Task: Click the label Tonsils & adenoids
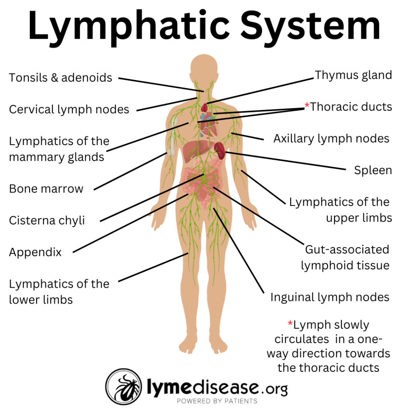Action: point(61,77)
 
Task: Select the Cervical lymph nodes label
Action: point(69,109)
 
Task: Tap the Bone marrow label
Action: point(46,188)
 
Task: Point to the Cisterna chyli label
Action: point(47,220)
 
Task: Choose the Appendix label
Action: point(35,252)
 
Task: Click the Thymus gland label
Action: point(353,75)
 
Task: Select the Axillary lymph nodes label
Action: point(331,139)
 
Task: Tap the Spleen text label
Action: point(373,171)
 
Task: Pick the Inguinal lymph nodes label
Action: point(330,297)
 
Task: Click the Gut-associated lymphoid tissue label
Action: point(345,257)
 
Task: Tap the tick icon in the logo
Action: point(124,387)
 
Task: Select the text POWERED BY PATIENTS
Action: point(217,401)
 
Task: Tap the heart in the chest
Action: point(207,124)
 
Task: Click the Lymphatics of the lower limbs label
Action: point(59,292)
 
